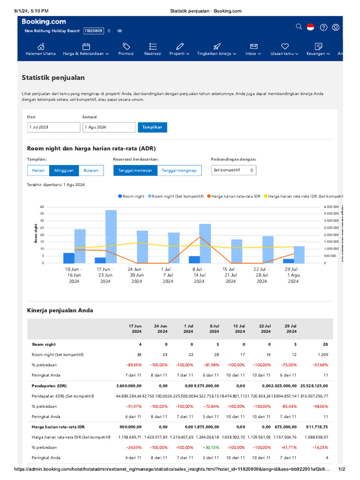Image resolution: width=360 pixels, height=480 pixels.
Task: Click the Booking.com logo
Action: pos(44,22)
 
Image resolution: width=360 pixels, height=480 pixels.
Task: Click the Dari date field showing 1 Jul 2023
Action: pos(53,127)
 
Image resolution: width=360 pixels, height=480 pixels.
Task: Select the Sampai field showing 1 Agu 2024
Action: pos(108,127)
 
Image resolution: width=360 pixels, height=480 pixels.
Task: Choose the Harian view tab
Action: pos(38,171)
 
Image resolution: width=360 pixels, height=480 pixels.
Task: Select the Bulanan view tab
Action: pos(91,171)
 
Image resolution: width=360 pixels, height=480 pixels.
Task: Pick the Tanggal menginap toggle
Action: pos(179,171)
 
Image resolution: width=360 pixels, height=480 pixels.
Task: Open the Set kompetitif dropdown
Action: pos(233,171)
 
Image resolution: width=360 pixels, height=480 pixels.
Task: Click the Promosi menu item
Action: pos(126,49)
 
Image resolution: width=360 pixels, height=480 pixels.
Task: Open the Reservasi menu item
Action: pos(153,49)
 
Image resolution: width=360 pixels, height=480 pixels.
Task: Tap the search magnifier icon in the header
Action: pos(299,27)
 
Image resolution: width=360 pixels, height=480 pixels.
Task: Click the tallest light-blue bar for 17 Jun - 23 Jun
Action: pos(111,236)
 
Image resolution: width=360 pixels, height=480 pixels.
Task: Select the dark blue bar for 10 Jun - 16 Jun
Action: pos(69,258)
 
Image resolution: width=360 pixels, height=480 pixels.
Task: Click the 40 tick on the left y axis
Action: pos(42,207)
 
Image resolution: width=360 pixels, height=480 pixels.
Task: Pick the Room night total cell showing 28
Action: pos(325,345)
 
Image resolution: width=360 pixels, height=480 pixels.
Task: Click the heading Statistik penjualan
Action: pos(53,78)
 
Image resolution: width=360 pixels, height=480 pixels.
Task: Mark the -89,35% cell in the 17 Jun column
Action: pos(133,365)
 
